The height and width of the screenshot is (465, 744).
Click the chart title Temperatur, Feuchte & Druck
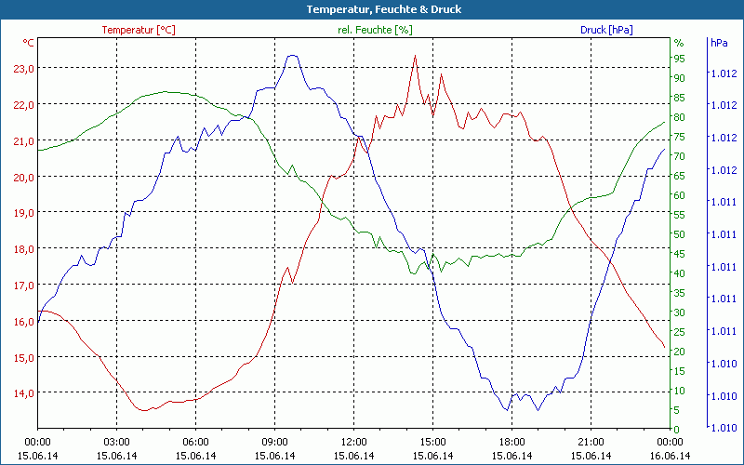pyautogui.click(x=371, y=9)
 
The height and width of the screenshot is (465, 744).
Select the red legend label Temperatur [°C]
pyautogui.click(x=139, y=30)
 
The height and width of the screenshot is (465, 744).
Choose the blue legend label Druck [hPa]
pyautogui.click(x=606, y=30)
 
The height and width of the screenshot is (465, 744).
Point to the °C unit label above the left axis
pyautogui.click(x=29, y=43)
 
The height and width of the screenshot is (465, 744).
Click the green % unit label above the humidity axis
pyautogui.click(x=679, y=43)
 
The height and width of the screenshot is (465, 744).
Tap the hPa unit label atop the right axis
pyautogui.click(x=719, y=43)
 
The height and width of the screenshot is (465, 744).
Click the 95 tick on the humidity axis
pyautogui.click(x=679, y=59)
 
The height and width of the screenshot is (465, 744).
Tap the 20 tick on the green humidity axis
pyautogui.click(x=679, y=352)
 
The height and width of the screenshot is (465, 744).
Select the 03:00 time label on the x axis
pyautogui.click(x=116, y=442)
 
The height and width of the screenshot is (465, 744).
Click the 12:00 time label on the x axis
pyautogui.click(x=354, y=442)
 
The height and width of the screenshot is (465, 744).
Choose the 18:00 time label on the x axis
pyautogui.click(x=512, y=442)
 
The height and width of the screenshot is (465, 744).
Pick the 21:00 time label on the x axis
pyautogui.click(x=591, y=442)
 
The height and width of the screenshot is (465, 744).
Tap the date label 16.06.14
pyautogui.click(x=671, y=456)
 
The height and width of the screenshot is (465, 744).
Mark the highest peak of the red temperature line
pyautogui.click(x=415, y=56)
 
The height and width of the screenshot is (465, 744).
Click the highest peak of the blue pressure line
pyautogui.click(x=292, y=56)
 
